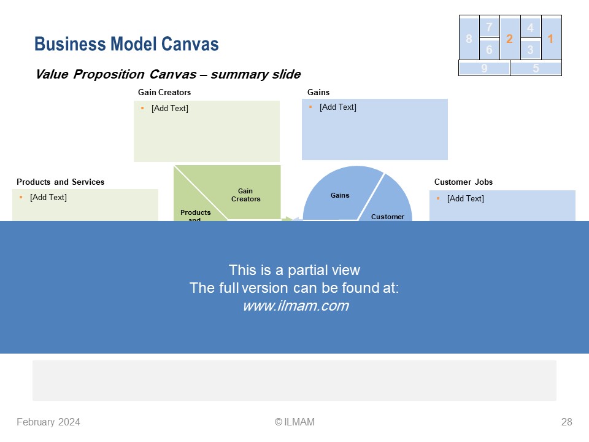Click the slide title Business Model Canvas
(x=126, y=44)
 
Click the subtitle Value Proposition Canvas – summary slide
(x=168, y=74)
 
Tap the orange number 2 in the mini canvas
(x=509, y=39)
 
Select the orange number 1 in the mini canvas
(x=550, y=39)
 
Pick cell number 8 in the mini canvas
(x=469, y=39)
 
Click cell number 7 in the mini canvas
(x=489, y=27)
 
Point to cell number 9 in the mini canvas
(x=484, y=68)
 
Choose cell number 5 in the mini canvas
(x=536, y=68)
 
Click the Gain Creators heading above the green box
(x=164, y=93)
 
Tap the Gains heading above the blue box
(x=318, y=93)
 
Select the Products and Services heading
(x=61, y=182)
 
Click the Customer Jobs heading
(x=464, y=182)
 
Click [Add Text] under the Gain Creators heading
(x=170, y=108)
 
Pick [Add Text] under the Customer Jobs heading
(x=466, y=198)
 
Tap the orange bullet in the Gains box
(x=310, y=107)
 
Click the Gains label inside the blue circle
(x=340, y=195)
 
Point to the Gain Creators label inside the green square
(x=245, y=195)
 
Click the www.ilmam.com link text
(x=296, y=306)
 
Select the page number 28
(x=566, y=422)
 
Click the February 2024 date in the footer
(x=48, y=422)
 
